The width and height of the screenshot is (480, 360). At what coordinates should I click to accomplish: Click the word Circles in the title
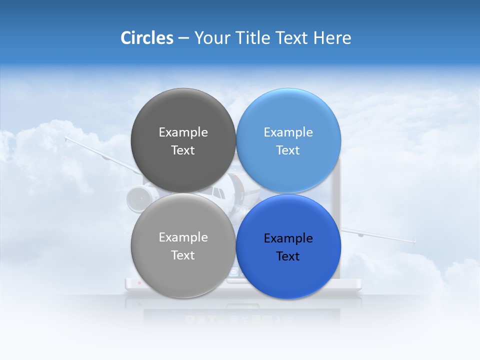click(146, 38)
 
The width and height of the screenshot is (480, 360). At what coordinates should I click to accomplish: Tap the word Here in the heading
click(332, 38)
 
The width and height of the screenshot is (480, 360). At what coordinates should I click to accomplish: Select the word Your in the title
click(210, 38)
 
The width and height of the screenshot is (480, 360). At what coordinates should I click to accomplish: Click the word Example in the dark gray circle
click(183, 132)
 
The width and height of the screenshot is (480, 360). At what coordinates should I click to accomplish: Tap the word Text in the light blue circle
click(288, 150)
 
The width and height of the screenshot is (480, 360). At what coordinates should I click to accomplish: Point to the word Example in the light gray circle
click(183, 237)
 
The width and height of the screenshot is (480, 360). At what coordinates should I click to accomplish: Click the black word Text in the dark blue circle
click(288, 256)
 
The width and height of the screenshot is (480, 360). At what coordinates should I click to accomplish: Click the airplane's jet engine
click(137, 198)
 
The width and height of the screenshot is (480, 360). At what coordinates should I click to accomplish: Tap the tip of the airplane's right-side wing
click(414, 242)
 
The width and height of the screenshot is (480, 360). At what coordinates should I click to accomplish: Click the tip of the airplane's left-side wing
click(66, 135)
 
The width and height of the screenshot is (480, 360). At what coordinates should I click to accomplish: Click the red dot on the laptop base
click(139, 283)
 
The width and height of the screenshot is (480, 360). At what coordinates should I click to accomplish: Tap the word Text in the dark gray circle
click(183, 150)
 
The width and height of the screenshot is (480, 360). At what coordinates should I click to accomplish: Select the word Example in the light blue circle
click(288, 132)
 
